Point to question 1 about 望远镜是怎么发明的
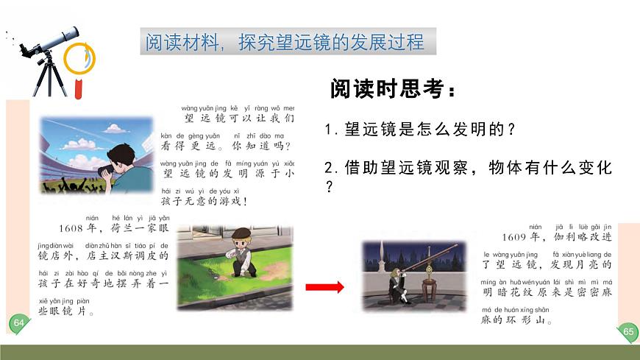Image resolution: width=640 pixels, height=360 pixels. tap(420, 130)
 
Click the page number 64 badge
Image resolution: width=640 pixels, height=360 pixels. tap(19, 323)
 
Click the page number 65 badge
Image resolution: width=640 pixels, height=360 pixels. tap(628, 331)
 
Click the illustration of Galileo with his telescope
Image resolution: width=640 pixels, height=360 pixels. tap(415, 275)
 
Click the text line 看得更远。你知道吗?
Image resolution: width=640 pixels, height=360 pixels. tap(227, 146)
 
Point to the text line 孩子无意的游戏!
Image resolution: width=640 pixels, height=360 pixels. tap(205, 201)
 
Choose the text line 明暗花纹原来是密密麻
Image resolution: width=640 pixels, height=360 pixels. tap(546, 292)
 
